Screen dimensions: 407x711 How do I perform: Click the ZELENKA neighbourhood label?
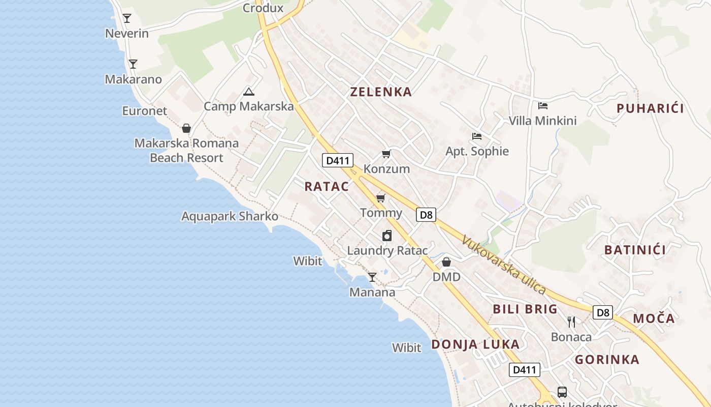381,92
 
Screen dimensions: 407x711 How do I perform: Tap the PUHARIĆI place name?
650,108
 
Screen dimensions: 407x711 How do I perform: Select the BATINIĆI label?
635,250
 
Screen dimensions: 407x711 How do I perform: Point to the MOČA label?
654,319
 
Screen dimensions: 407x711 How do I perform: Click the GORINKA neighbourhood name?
607,360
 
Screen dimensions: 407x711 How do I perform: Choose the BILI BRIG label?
525,309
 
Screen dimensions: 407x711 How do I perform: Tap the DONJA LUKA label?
475,344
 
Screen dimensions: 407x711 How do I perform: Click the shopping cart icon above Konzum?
386,154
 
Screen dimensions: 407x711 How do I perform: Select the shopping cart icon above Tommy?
380,198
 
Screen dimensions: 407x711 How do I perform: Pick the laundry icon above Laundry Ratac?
387,236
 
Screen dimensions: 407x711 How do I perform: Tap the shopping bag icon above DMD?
446,262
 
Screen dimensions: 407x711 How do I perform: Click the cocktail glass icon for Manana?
372,277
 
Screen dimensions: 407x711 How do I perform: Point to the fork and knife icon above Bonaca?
571,322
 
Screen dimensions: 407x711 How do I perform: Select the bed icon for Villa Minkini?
543,106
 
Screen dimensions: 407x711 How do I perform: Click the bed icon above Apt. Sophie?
476,136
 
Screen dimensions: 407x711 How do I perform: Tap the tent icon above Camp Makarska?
248,92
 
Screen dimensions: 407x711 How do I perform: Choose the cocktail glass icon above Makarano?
133,64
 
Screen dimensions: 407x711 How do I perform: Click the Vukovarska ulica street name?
503,265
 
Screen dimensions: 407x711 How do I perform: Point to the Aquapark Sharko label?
230,216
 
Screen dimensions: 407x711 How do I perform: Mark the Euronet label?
144,111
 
